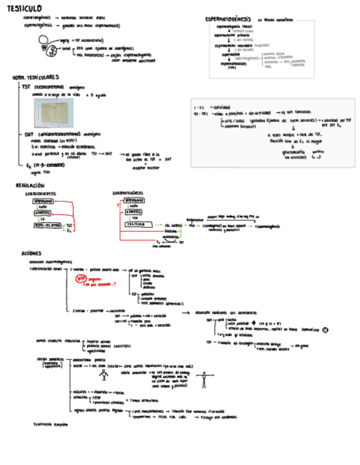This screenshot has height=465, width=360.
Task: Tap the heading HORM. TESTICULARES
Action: pyautogui.click(x=36, y=78)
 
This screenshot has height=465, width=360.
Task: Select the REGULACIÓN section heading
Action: pyautogui.click(x=30, y=186)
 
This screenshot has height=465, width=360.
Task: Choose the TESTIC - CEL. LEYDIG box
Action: pyautogui.click(x=46, y=225)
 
